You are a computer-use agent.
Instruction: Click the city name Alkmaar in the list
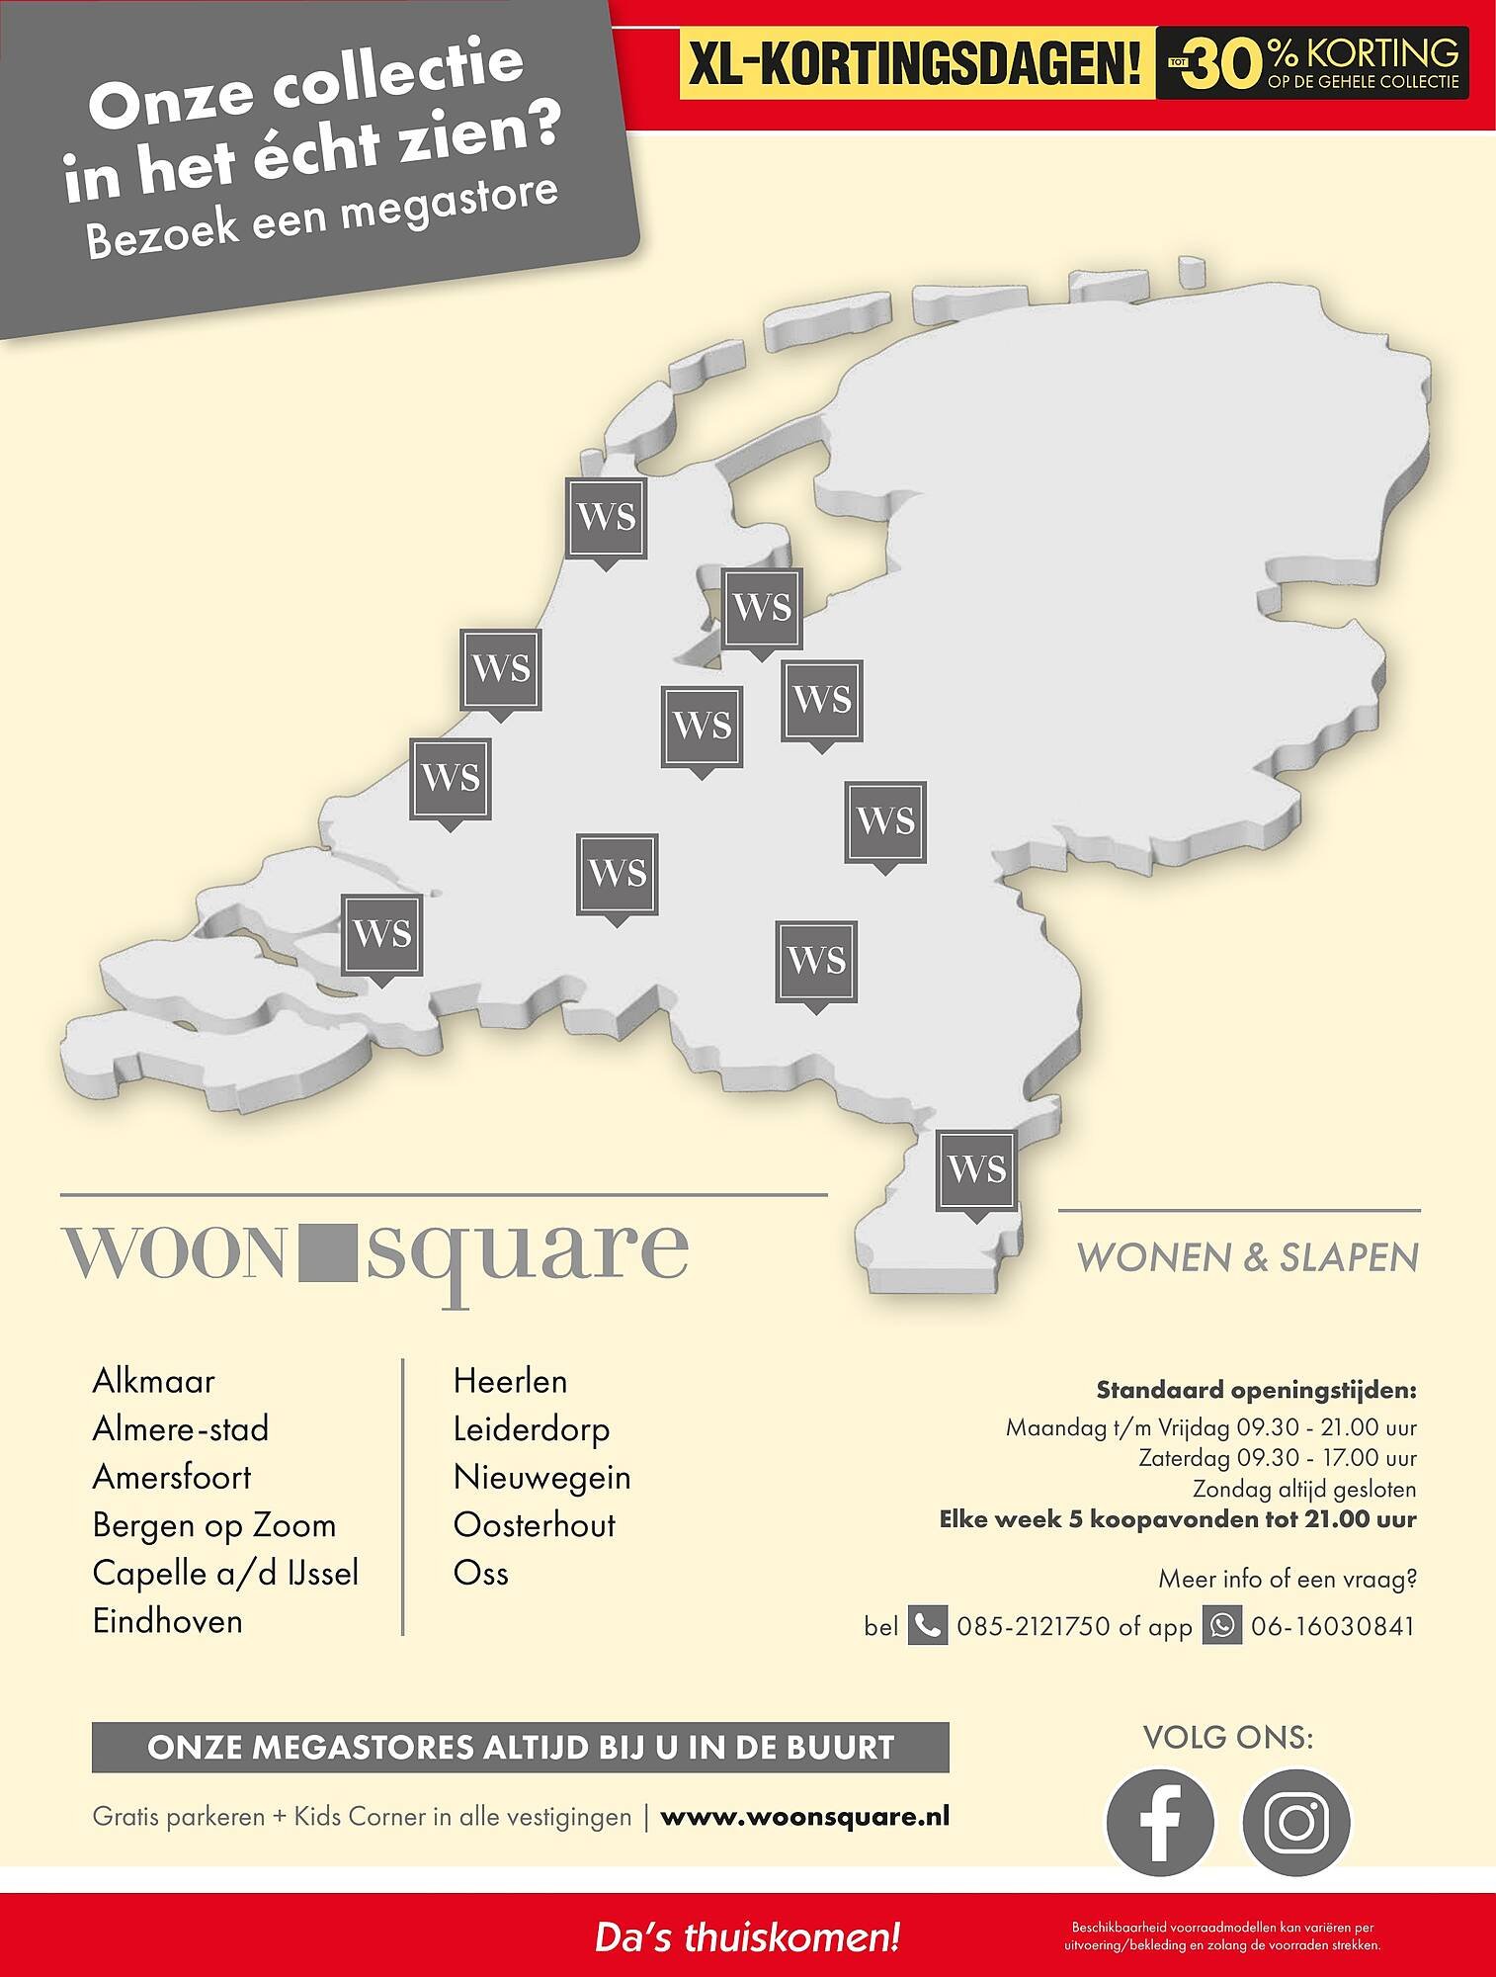point(153,1381)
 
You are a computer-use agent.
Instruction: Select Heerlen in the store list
point(510,1381)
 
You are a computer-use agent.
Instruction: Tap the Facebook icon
point(1159,1822)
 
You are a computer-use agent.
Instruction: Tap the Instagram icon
point(1295,1822)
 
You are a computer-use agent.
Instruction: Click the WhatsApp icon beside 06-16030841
point(1221,1626)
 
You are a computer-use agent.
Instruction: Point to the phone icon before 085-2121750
point(927,1626)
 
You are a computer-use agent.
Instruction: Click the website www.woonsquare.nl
point(804,1817)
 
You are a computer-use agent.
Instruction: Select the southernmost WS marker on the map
point(977,1170)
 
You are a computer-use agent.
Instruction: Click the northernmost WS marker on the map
point(606,518)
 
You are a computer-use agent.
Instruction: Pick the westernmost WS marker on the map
point(381,934)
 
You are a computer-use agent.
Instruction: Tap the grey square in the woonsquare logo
point(326,1252)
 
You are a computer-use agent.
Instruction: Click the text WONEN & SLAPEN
point(1247,1257)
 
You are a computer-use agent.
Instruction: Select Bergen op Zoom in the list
point(214,1525)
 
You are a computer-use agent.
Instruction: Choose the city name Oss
point(480,1573)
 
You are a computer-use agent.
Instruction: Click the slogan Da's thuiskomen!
point(747,1936)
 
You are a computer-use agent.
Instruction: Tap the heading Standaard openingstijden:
point(1256,1391)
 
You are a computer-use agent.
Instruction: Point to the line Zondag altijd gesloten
point(1303,1489)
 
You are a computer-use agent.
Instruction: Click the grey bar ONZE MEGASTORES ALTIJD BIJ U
point(520,1748)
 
